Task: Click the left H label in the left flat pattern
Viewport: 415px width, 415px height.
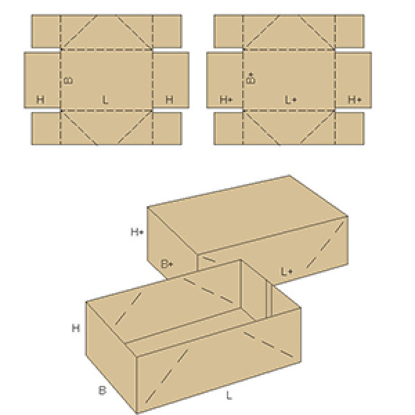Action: (x=40, y=100)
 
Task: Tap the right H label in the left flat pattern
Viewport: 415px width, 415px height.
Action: (x=169, y=100)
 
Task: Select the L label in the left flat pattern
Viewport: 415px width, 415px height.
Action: (x=105, y=100)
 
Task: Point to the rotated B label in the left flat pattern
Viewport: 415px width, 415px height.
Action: (x=68, y=80)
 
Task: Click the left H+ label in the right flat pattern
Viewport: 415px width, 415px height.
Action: (x=226, y=100)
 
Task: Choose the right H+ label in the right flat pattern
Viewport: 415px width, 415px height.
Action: (x=355, y=100)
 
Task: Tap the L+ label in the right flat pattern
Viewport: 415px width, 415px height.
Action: (x=290, y=100)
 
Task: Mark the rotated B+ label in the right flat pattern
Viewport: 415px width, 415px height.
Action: (x=251, y=78)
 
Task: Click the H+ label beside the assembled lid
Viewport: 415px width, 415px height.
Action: (x=137, y=232)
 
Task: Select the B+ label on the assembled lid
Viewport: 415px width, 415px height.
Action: (x=167, y=264)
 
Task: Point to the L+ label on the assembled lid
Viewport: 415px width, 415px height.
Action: (x=286, y=272)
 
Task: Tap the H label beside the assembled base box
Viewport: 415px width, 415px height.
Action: (x=75, y=328)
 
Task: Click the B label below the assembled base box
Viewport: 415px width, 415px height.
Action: (x=102, y=390)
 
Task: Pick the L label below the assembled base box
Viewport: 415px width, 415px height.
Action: (x=229, y=396)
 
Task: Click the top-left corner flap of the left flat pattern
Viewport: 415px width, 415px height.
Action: (x=46, y=32)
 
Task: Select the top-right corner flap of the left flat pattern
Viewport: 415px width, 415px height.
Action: (x=167, y=32)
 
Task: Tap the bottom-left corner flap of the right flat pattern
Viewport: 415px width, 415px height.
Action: (x=228, y=129)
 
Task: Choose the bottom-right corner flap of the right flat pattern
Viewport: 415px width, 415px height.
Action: (x=349, y=129)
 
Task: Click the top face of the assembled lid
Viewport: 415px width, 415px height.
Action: (x=248, y=214)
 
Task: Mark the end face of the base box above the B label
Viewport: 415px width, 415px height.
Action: (x=111, y=356)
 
